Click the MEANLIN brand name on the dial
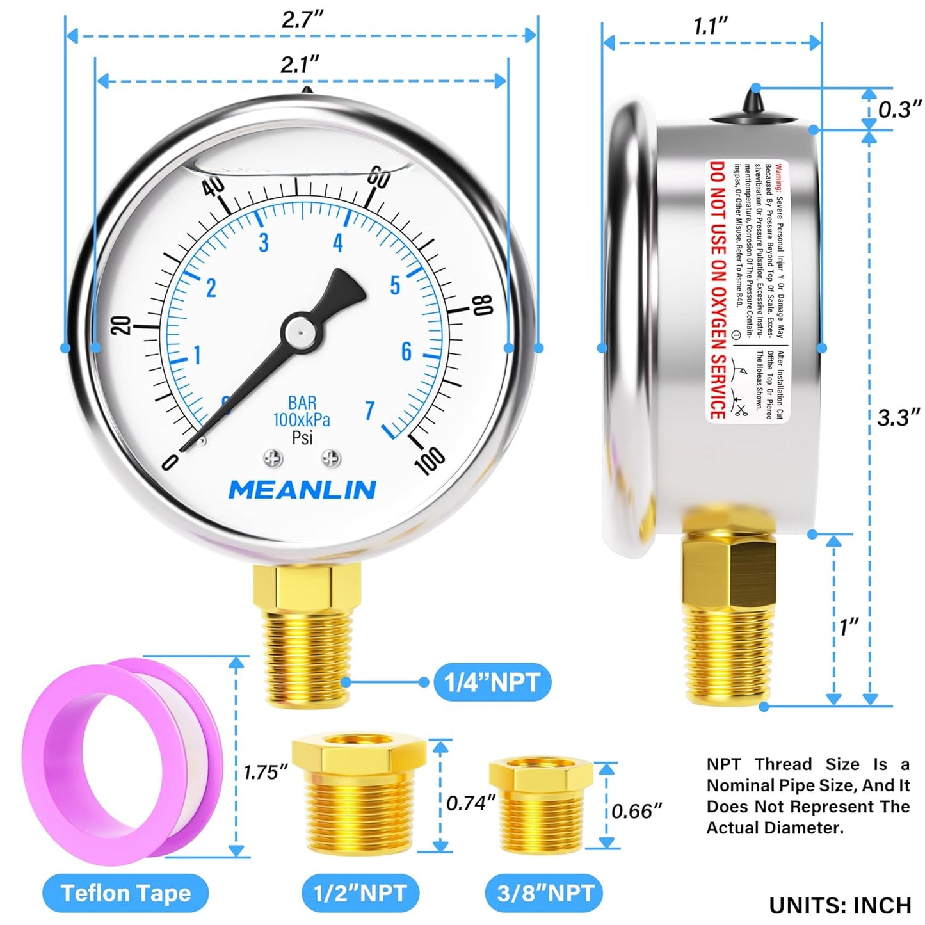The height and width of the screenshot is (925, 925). (302, 490)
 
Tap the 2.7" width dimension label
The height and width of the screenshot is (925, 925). (302, 19)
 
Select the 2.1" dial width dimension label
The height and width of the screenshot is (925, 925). (299, 65)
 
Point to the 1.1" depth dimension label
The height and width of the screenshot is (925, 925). (711, 27)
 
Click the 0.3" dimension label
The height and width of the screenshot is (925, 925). (899, 109)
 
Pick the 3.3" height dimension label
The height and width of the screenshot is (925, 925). (898, 418)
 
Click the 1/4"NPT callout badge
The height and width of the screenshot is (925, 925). (492, 682)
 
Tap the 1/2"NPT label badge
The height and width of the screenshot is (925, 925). (360, 893)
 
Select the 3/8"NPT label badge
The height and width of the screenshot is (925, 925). (545, 893)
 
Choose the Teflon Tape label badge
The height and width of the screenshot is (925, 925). (125, 893)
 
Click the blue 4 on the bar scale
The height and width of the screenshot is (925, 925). (338, 243)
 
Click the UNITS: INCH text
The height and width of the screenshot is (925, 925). (840, 905)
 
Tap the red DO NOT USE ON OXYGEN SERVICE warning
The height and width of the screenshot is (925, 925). (718, 290)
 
